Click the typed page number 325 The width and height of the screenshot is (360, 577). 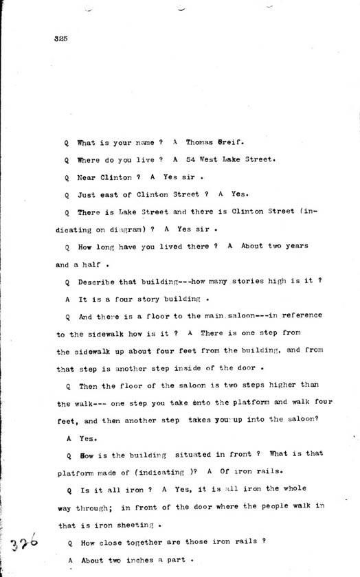58,38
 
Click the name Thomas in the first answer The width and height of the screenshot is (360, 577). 200,142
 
